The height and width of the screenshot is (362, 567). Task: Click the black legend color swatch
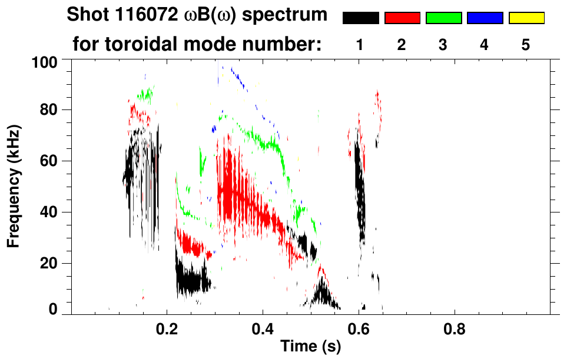(x=361, y=18)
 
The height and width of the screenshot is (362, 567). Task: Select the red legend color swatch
(x=402, y=18)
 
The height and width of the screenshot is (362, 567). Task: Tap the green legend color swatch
(x=443, y=18)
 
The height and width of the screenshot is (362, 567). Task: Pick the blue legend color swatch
(x=485, y=18)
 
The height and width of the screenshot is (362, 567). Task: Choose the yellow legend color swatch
(x=526, y=18)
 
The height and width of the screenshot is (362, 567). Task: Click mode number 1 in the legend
(x=360, y=45)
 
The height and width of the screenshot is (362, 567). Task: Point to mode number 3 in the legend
(x=443, y=45)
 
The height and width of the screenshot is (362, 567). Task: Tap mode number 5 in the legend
(x=526, y=45)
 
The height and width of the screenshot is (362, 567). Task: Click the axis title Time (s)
(x=310, y=347)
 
